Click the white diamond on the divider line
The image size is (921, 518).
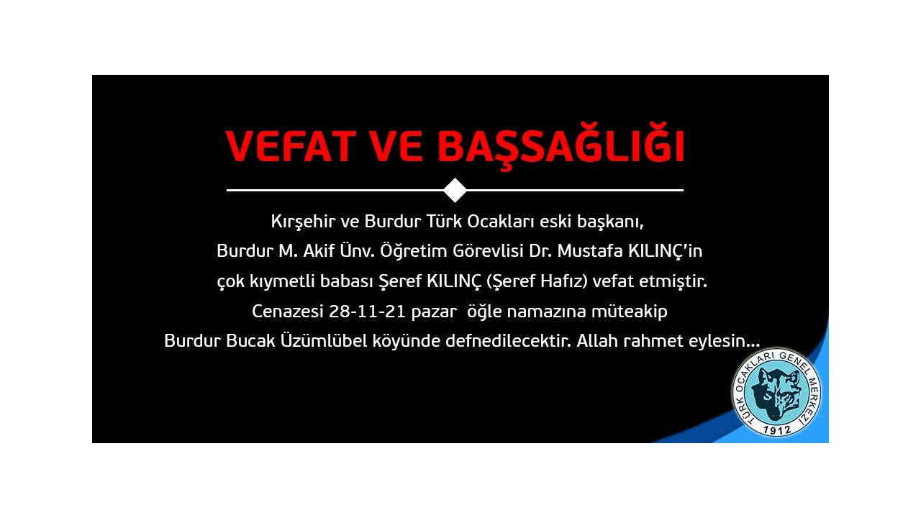(455, 190)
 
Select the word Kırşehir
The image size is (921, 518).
(304, 222)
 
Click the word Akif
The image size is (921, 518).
(319, 251)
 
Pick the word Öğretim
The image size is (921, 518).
(414, 250)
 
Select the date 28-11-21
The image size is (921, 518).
(368, 312)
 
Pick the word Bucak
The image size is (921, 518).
(250, 341)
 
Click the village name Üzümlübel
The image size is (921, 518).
(324, 340)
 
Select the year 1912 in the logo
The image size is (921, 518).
(777, 430)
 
